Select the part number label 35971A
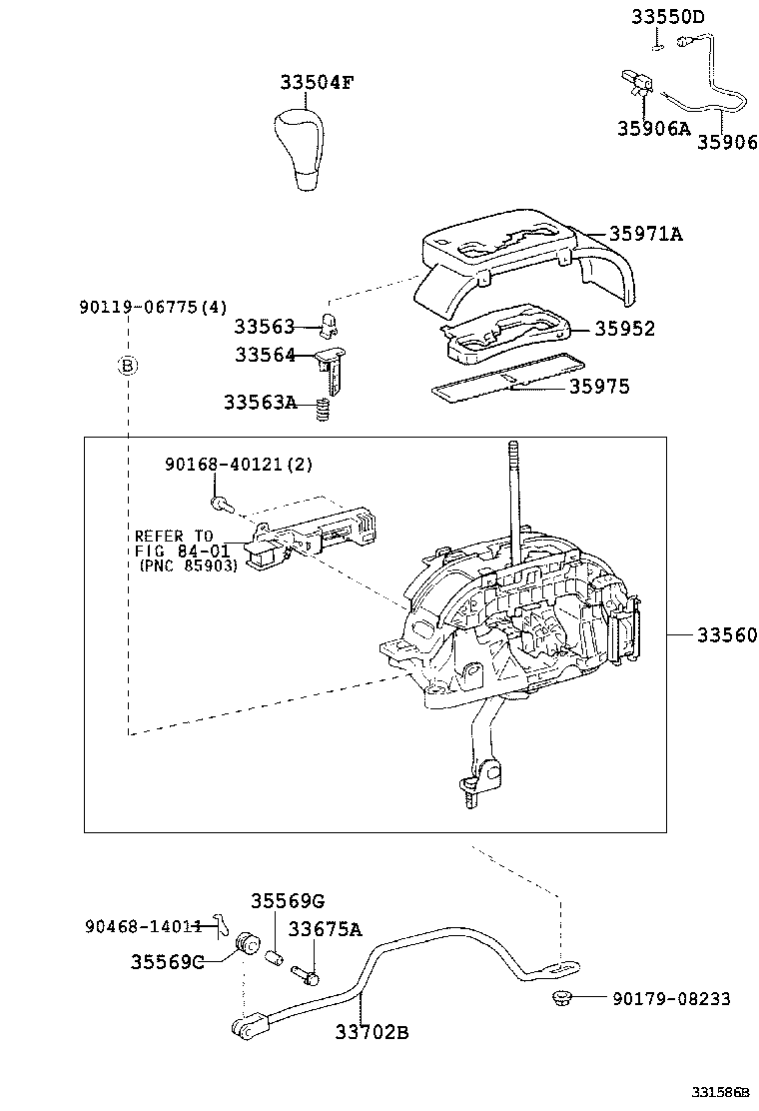(646, 234)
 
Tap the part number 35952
(625, 329)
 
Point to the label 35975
(599, 387)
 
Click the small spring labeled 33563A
(323, 409)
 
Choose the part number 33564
(265, 355)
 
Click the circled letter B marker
(128, 366)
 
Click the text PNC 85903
(188, 564)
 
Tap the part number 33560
(727, 635)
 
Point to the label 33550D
(667, 17)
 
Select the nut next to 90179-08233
(560, 997)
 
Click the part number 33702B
(372, 1032)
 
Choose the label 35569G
(288, 900)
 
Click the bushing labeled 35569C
(245, 944)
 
